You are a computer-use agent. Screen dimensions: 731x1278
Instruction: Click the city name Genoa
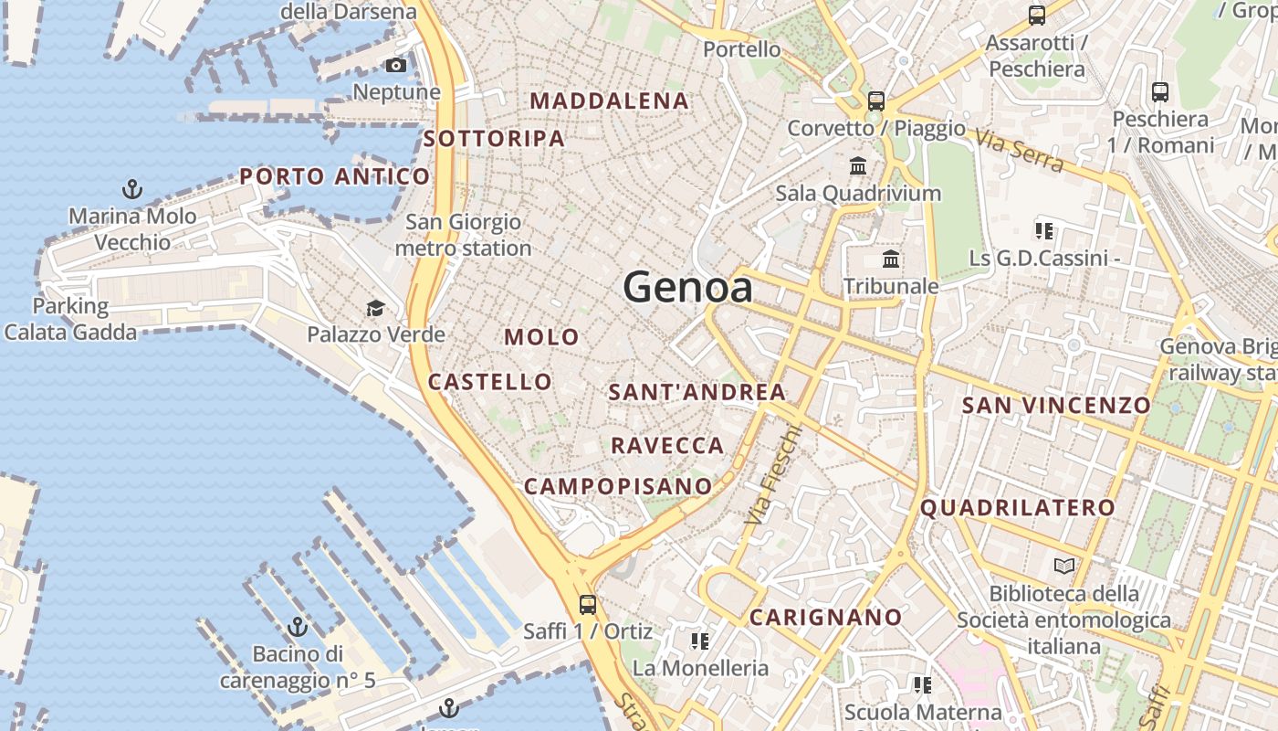click(687, 288)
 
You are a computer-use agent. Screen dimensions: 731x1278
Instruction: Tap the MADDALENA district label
click(609, 101)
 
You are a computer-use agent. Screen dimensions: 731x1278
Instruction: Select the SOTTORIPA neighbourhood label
click(494, 139)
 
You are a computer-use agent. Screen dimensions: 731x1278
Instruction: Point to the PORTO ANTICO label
click(334, 176)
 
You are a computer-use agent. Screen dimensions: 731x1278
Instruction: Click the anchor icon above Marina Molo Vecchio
click(132, 190)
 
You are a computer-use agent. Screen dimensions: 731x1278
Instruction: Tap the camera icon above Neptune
click(396, 65)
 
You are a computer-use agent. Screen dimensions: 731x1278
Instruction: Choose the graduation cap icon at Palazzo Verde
click(375, 308)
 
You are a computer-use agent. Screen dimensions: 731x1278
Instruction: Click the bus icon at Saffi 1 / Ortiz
click(587, 604)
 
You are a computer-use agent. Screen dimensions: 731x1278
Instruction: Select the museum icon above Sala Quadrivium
click(858, 166)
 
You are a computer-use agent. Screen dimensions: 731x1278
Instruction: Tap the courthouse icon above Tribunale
click(891, 260)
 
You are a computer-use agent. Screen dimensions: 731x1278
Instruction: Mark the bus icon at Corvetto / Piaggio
click(876, 101)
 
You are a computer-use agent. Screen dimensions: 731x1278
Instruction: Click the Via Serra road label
click(1019, 150)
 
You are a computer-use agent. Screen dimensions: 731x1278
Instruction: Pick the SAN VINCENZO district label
click(1056, 405)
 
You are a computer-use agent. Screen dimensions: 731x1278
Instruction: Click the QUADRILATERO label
click(1017, 508)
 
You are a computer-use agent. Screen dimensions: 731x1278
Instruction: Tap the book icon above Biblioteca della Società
click(1063, 567)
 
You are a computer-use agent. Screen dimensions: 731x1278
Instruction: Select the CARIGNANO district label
click(825, 618)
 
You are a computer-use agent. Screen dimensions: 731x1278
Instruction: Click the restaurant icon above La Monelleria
click(700, 641)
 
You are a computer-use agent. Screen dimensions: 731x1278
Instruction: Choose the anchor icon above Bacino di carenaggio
click(297, 627)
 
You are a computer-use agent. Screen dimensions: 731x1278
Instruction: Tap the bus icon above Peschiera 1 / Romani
click(1159, 92)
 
